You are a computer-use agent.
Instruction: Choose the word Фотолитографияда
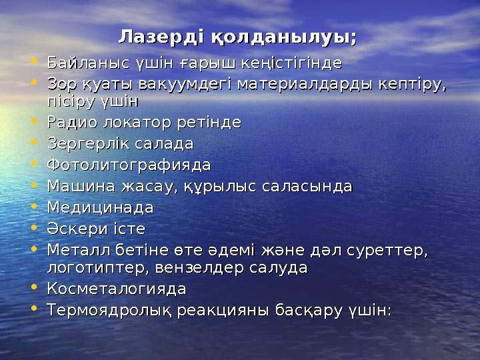(x=129, y=165)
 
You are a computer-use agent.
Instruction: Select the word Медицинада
(x=101, y=207)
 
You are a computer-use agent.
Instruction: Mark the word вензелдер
(x=201, y=268)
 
